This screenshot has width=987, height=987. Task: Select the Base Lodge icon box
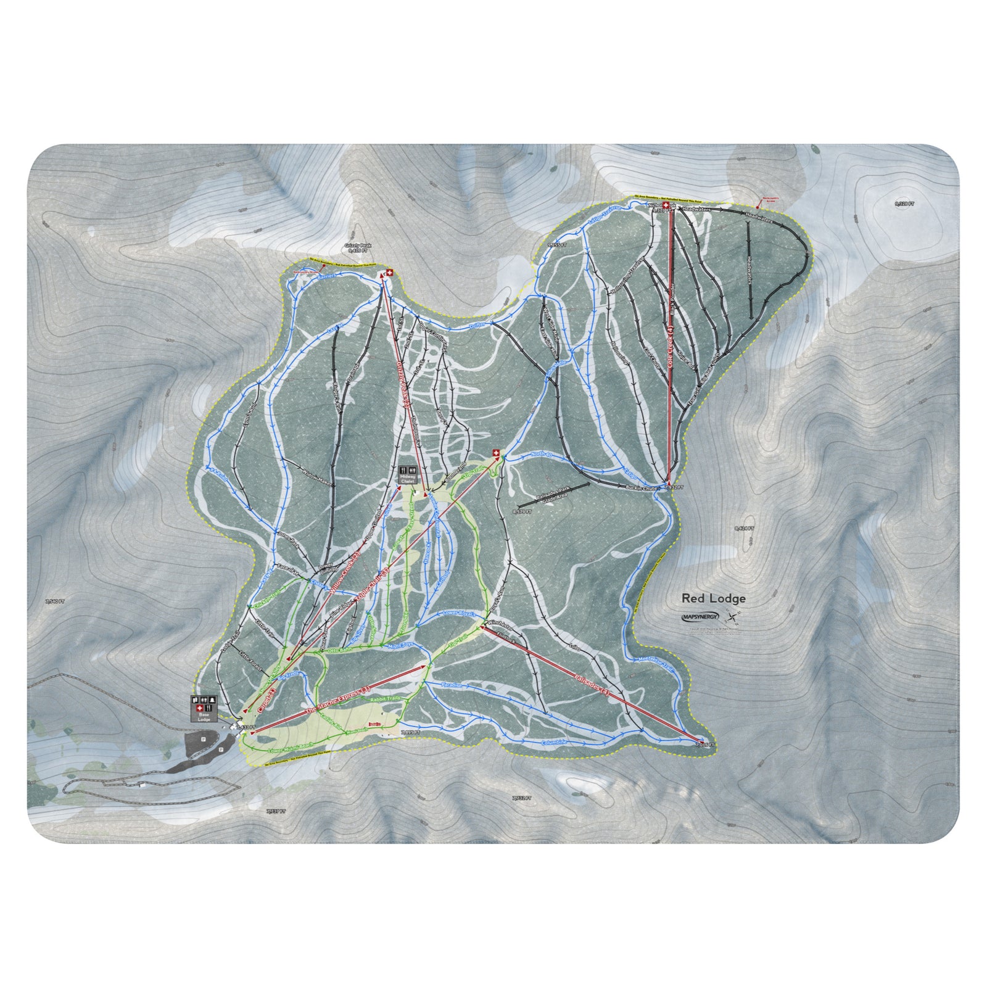coord(204,709)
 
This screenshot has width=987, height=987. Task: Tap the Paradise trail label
coord(452,685)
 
